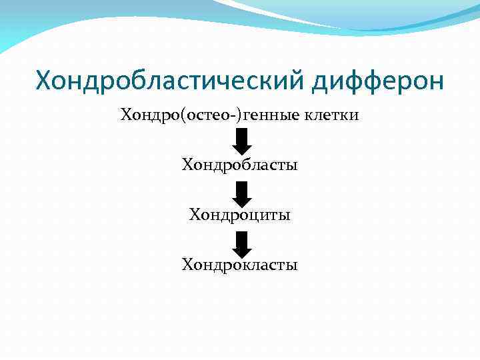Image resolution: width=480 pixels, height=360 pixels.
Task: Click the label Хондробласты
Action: click(240, 164)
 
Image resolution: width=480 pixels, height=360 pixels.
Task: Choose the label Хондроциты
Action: click(240, 215)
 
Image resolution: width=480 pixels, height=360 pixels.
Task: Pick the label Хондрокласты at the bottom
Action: click(240, 265)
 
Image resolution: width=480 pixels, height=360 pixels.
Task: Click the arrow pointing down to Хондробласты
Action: click(243, 140)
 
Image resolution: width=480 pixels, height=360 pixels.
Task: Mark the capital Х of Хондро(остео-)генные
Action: click(126, 115)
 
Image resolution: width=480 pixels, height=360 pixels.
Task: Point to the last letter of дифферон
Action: click(435, 84)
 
